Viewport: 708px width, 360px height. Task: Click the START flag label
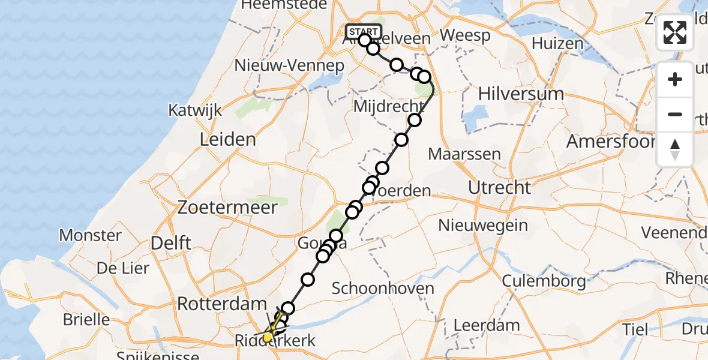(363, 31)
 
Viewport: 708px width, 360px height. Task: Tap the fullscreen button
(675, 32)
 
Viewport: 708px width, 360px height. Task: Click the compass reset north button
(675, 149)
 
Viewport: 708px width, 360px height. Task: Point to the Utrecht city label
(499, 187)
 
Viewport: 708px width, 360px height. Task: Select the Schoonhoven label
(383, 288)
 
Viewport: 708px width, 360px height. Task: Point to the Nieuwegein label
(483, 226)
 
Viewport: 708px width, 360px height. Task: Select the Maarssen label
(464, 154)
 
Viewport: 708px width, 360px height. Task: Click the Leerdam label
(486, 326)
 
